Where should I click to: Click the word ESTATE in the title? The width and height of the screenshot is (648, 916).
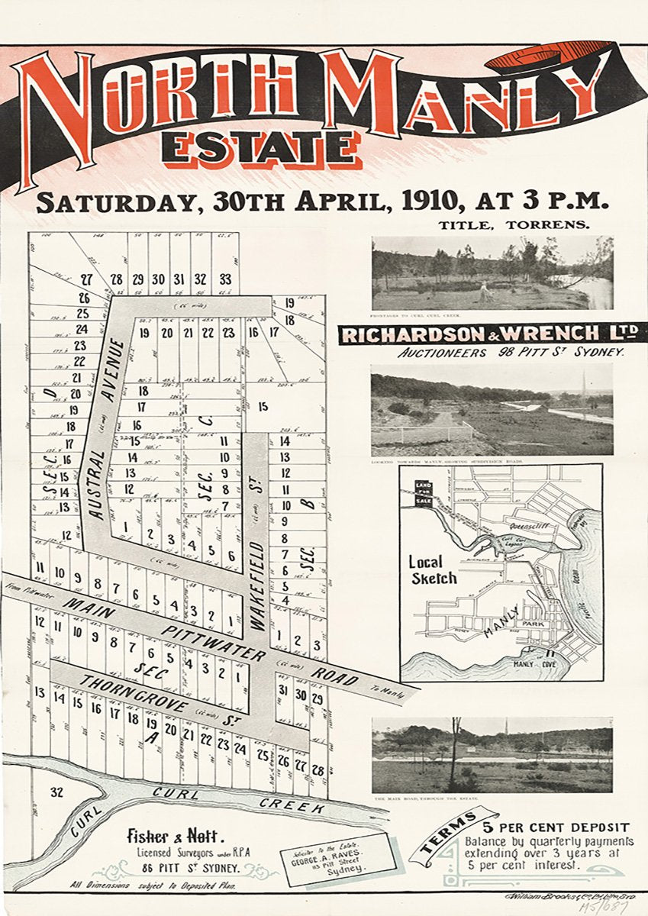point(260,148)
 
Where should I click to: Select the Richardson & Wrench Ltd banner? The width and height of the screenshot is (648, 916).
point(492,334)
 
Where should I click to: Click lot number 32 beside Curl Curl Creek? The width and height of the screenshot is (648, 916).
point(56,792)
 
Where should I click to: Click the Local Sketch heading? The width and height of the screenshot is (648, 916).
point(433,569)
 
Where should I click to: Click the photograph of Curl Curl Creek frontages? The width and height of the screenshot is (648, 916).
point(492,272)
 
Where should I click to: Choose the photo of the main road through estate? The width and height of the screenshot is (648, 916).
point(492,754)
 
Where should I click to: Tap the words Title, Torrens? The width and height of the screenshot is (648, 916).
point(513,224)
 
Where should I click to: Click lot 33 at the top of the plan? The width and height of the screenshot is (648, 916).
point(224,279)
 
